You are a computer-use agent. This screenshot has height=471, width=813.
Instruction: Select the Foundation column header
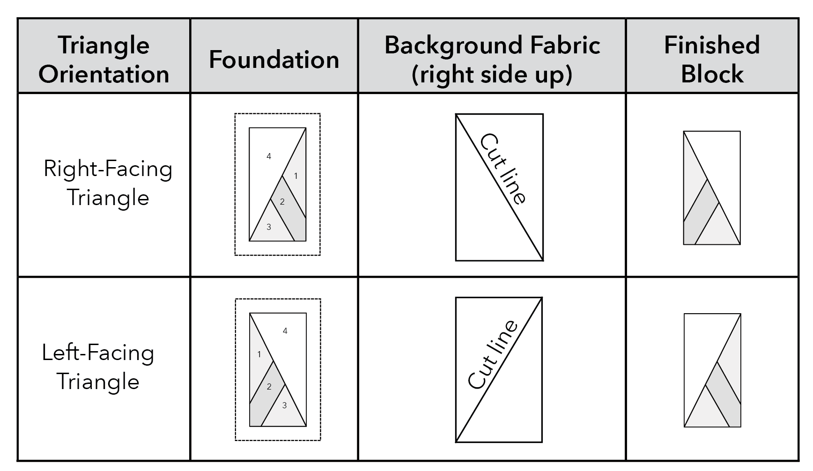[x=274, y=60]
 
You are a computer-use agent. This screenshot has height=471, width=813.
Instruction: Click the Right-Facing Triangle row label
[x=108, y=183]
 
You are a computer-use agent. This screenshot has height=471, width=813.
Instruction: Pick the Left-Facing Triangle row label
[x=98, y=367]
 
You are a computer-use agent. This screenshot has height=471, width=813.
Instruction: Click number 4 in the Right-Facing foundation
[x=269, y=156]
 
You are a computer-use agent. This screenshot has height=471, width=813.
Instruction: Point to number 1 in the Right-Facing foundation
[x=296, y=176]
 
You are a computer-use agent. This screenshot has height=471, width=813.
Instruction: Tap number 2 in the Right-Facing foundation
[x=282, y=202]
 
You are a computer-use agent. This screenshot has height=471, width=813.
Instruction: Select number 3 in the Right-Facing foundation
[x=269, y=227]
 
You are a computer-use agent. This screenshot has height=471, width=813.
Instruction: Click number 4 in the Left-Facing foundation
[x=285, y=331]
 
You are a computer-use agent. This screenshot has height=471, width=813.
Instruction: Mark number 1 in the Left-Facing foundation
[x=259, y=354]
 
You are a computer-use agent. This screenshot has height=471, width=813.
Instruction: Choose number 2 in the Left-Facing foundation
[x=269, y=387]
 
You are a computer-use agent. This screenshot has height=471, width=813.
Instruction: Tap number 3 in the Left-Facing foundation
[x=284, y=405]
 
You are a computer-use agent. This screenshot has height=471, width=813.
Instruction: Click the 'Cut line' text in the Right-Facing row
[x=503, y=169]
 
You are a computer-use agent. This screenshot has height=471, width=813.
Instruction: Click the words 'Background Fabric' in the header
[x=492, y=45]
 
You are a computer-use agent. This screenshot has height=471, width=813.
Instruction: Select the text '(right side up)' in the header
[x=492, y=74]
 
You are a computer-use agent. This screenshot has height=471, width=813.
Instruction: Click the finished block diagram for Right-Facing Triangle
[x=712, y=188]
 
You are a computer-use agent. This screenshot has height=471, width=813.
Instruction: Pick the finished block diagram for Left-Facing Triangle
[x=712, y=370]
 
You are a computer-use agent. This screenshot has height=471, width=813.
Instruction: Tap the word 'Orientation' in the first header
[x=103, y=74]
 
